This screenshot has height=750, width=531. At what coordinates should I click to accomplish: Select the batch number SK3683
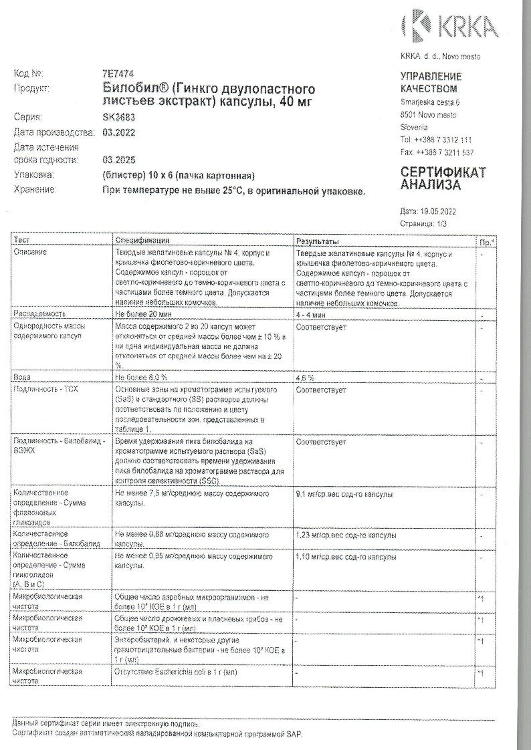click(118, 116)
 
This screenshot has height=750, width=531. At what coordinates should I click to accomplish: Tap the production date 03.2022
click(119, 132)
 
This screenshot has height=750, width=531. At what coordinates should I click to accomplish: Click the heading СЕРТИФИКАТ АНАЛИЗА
click(443, 178)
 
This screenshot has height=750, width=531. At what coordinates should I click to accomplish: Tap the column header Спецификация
click(142, 241)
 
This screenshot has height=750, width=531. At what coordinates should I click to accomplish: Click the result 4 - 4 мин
click(311, 314)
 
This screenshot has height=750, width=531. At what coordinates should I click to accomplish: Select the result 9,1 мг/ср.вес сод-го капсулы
click(344, 494)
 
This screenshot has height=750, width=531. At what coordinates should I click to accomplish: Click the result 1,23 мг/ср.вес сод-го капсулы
click(346, 535)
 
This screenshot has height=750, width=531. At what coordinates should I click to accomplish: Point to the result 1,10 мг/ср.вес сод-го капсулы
click(346, 556)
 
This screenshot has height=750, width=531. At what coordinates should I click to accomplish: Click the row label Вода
click(22, 378)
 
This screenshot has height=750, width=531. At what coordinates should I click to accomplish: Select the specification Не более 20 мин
click(144, 314)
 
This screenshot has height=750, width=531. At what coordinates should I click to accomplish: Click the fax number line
click(437, 152)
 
